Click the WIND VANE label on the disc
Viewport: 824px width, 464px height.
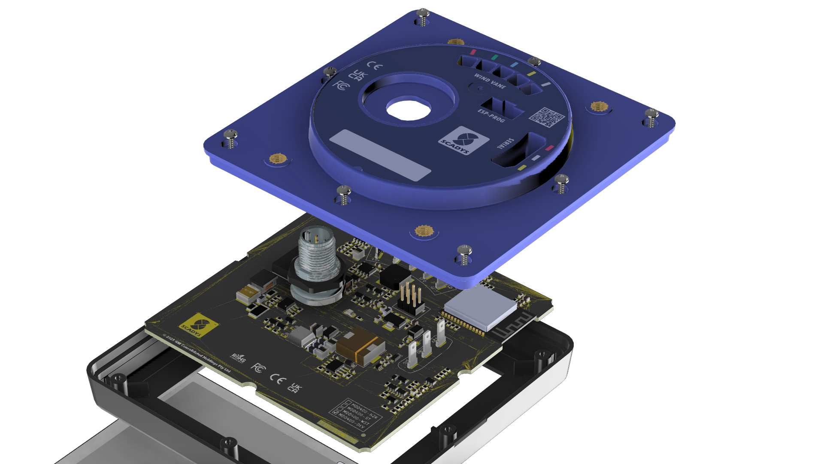[x=490, y=81]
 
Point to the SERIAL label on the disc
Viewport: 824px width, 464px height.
[x=505, y=144]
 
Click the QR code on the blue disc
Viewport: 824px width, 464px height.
[x=546, y=117]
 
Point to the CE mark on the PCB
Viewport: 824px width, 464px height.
[x=277, y=379]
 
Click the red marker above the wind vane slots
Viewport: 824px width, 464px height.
[x=473, y=52]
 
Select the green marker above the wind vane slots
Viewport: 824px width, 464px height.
[x=494, y=57]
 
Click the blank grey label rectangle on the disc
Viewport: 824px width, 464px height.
[x=380, y=155]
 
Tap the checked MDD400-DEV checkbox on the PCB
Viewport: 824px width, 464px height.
[x=337, y=413]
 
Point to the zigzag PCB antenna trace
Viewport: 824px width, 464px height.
[x=513, y=325]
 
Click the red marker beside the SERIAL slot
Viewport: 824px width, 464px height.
[x=549, y=148]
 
